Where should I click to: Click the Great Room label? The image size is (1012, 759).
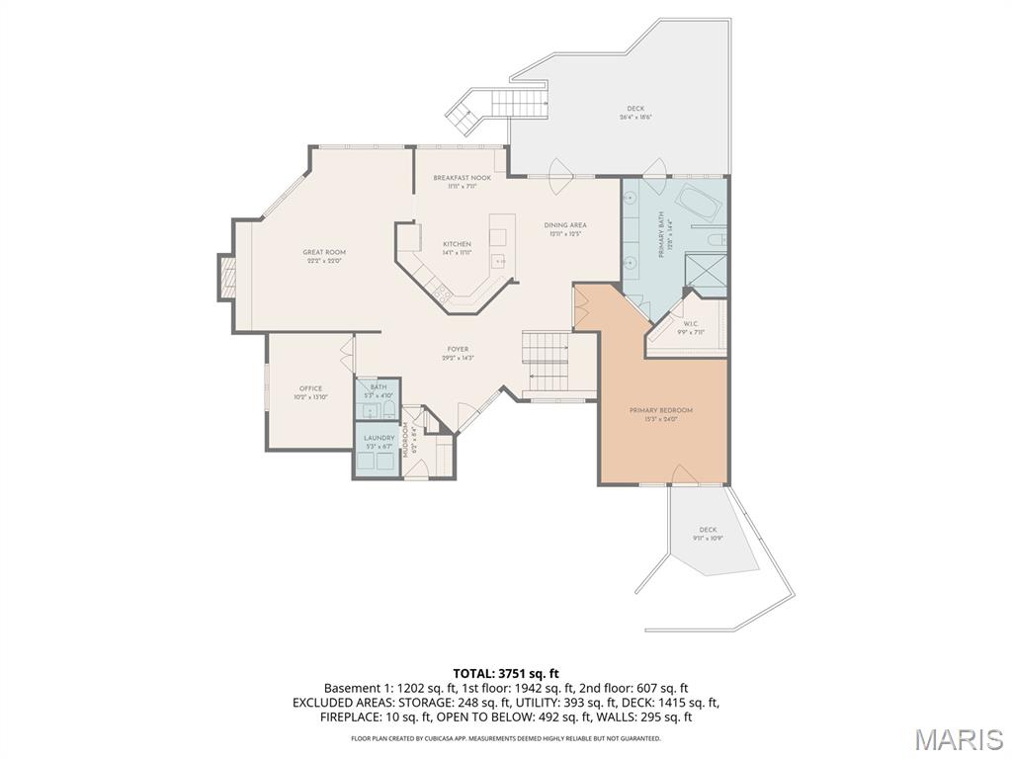pyautogui.click(x=324, y=253)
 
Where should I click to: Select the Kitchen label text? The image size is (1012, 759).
pyautogui.click(x=457, y=244)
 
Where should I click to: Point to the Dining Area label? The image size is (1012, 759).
pyautogui.click(x=565, y=225)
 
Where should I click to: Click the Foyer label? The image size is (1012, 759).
pyautogui.click(x=458, y=349)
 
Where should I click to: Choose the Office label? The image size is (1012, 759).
pyautogui.click(x=310, y=388)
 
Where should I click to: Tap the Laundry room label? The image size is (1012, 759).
pyautogui.click(x=379, y=438)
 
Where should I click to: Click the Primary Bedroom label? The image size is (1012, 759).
pyautogui.click(x=661, y=410)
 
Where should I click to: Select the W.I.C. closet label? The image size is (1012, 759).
pyautogui.click(x=691, y=323)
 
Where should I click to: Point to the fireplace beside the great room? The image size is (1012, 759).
pyautogui.click(x=227, y=277)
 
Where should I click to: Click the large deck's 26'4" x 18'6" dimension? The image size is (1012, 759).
pyautogui.click(x=635, y=118)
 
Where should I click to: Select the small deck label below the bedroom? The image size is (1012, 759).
pyautogui.click(x=708, y=530)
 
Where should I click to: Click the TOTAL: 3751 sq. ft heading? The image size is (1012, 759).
pyautogui.click(x=506, y=673)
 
